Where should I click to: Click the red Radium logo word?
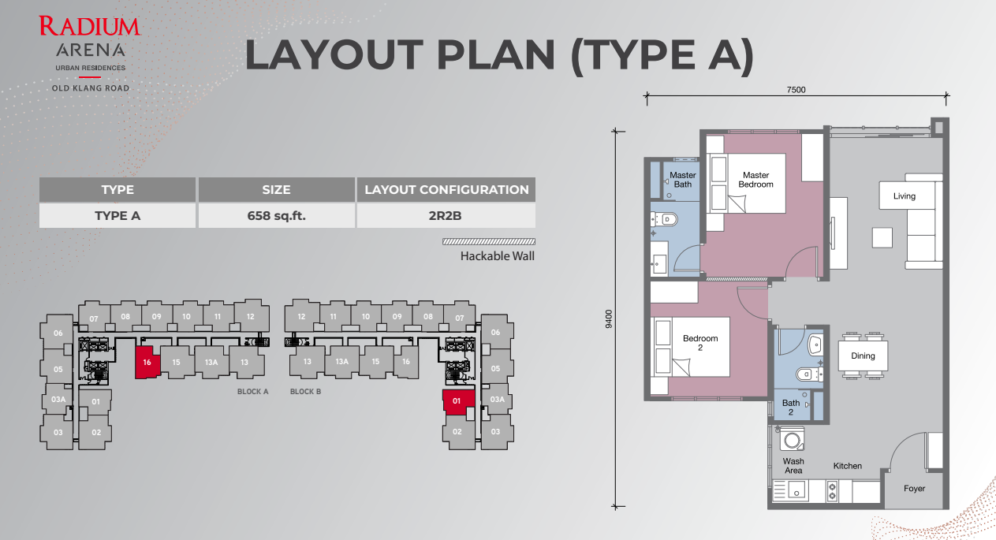point(89,26)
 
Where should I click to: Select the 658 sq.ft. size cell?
point(277,216)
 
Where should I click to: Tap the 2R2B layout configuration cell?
point(446,216)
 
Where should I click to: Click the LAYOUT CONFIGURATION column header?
point(446,190)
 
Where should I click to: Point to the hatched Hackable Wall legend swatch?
point(489,242)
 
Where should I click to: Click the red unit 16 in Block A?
point(147,363)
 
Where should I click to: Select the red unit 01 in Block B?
point(458,402)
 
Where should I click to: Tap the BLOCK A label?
point(252,392)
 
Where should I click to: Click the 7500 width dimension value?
point(796,90)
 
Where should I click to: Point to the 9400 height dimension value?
point(609,319)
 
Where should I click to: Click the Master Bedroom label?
point(756,180)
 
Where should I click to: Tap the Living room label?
point(905,196)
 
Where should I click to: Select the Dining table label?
point(863,356)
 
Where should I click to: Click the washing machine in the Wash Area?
point(792,440)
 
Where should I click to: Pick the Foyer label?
point(914,489)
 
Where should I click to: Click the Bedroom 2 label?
point(700,343)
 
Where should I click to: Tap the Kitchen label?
point(848,466)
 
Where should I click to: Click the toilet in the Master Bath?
point(666,219)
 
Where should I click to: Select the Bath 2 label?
point(791,407)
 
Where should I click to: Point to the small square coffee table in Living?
point(882,238)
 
